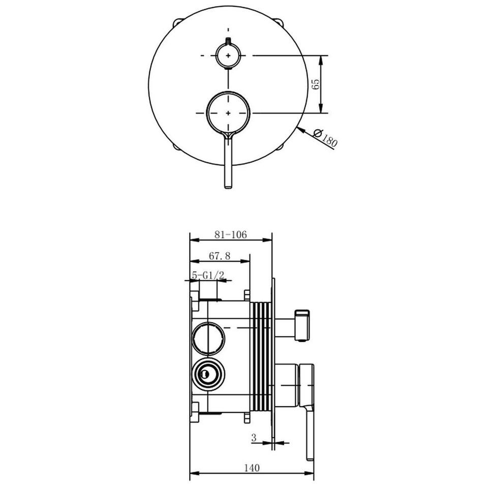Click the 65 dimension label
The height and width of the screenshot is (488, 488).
(x=316, y=84)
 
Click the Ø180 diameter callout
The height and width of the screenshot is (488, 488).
(x=325, y=138)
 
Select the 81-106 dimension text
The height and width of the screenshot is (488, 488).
(x=231, y=234)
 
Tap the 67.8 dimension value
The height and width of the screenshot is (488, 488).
(x=220, y=256)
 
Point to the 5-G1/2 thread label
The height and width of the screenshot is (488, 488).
(x=208, y=275)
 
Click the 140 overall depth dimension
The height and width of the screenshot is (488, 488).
(x=252, y=468)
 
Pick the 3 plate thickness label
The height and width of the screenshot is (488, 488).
(x=254, y=438)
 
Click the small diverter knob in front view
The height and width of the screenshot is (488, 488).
(x=228, y=55)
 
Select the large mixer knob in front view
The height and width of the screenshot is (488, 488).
(x=228, y=113)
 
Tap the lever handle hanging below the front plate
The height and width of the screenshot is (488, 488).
(x=228, y=162)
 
